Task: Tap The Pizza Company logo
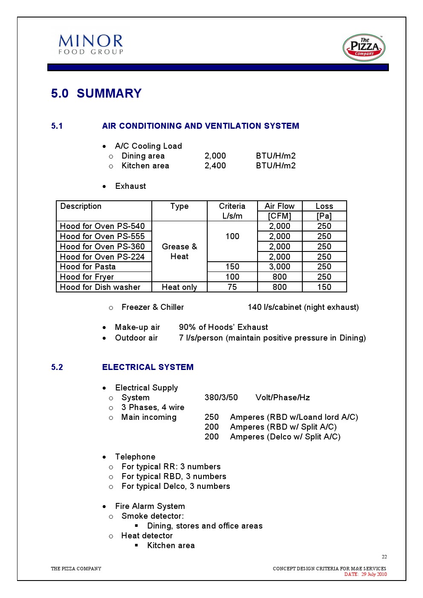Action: pyautogui.click(x=364, y=48)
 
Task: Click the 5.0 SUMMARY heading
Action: pyautogui.click(x=96, y=93)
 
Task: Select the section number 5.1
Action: pyautogui.click(x=57, y=126)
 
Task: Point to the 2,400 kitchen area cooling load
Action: pyautogui.click(x=215, y=166)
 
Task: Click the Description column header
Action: pyautogui.click(x=81, y=206)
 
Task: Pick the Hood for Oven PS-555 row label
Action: pyautogui.click(x=102, y=237)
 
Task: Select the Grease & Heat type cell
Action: pyautogui.click(x=180, y=251)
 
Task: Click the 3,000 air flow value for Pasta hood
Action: pyautogui.click(x=279, y=267)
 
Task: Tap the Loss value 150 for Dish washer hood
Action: pyautogui.click(x=324, y=287)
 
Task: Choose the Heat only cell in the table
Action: pyautogui.click(x=180, y=287)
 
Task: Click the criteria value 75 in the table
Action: pyautogui.click(x=232, y=287)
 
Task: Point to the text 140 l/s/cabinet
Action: pyautogui.click(x=275, y=307)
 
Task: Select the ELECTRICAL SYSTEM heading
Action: pyautogui.click(x=148, y=367)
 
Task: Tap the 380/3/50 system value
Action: pyautogui.click(x=221, y=398)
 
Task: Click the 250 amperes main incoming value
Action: pyautogui.click(x=211, y=417)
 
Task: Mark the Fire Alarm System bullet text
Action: pyautogui.click(x=150, y=506)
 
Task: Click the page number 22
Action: pyautogui.click(x=384, y=557)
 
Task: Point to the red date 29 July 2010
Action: pyautogui.click(x=374, y=574)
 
